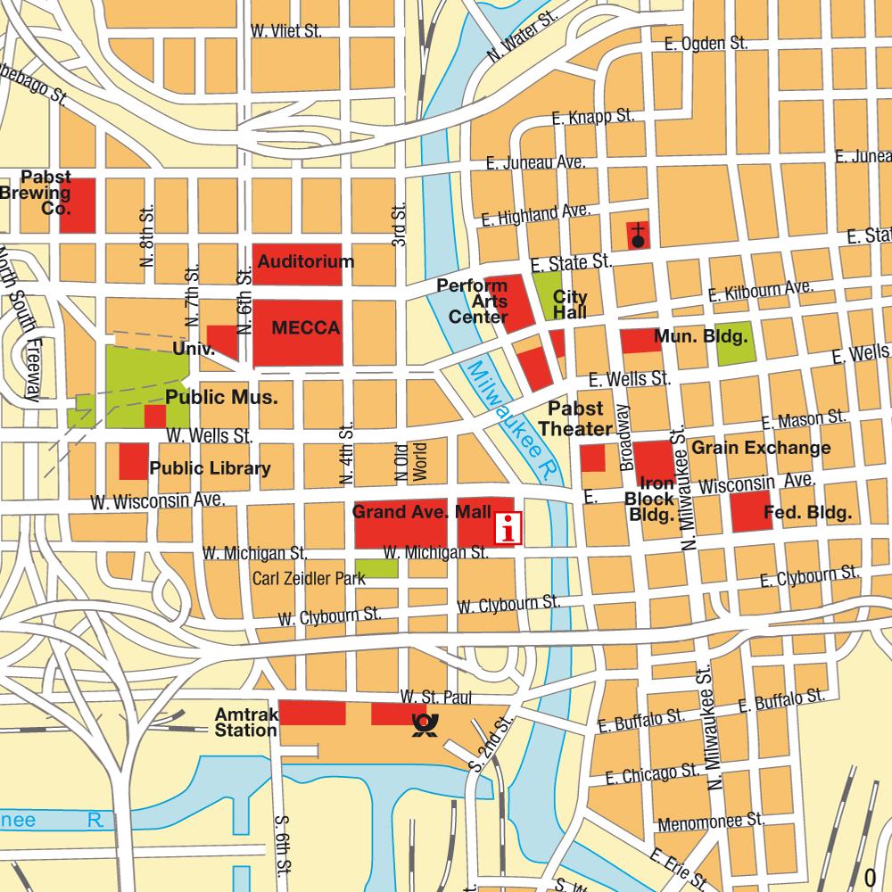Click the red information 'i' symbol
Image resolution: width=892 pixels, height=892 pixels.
tap(508, 527)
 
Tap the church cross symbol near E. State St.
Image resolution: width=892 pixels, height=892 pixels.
tap(639, 235)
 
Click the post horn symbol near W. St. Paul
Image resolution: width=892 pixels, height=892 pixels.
tap(421, 725)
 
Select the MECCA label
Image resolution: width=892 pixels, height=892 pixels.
tap(306, 328)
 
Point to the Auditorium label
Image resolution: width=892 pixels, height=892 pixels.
tap(306, 262)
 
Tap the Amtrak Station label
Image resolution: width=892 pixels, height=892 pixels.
tap(245, 723)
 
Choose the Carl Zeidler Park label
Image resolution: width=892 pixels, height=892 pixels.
tap(309, 579)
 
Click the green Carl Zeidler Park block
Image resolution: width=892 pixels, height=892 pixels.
tap(377, 568)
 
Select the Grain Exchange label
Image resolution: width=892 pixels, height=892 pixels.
tap(761, 448)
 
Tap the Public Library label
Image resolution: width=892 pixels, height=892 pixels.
tap(210, 468)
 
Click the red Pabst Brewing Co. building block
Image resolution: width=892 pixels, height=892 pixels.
tap(78, 205)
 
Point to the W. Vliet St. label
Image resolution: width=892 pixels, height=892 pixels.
tap(286, 31)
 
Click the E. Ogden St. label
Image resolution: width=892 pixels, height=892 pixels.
tap(706, 43)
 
